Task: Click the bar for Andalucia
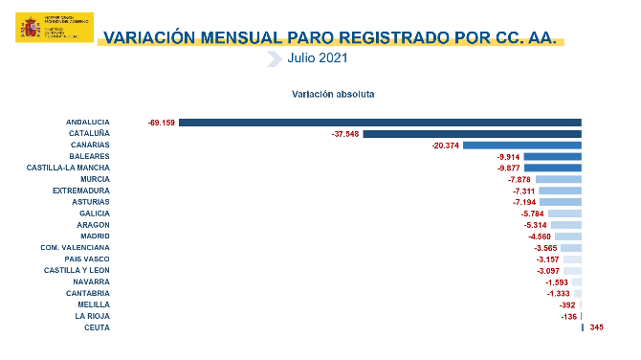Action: [x=380, y=123]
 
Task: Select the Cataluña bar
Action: [x=472, y=134]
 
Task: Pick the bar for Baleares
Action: [x=553, y=157]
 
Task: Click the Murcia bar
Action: [x=559, y=179]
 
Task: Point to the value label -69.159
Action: [x=161, y=123]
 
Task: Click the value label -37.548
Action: [x=344, y=134]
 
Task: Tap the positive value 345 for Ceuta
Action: [x=597, y=327]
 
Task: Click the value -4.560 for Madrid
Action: [x=540, y=236]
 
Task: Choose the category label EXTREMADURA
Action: [x=81, y=191]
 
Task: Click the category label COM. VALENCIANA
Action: [x=75, y=247]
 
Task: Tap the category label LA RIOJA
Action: [x=92, y=316]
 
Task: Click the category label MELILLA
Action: [x=93, y=304]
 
